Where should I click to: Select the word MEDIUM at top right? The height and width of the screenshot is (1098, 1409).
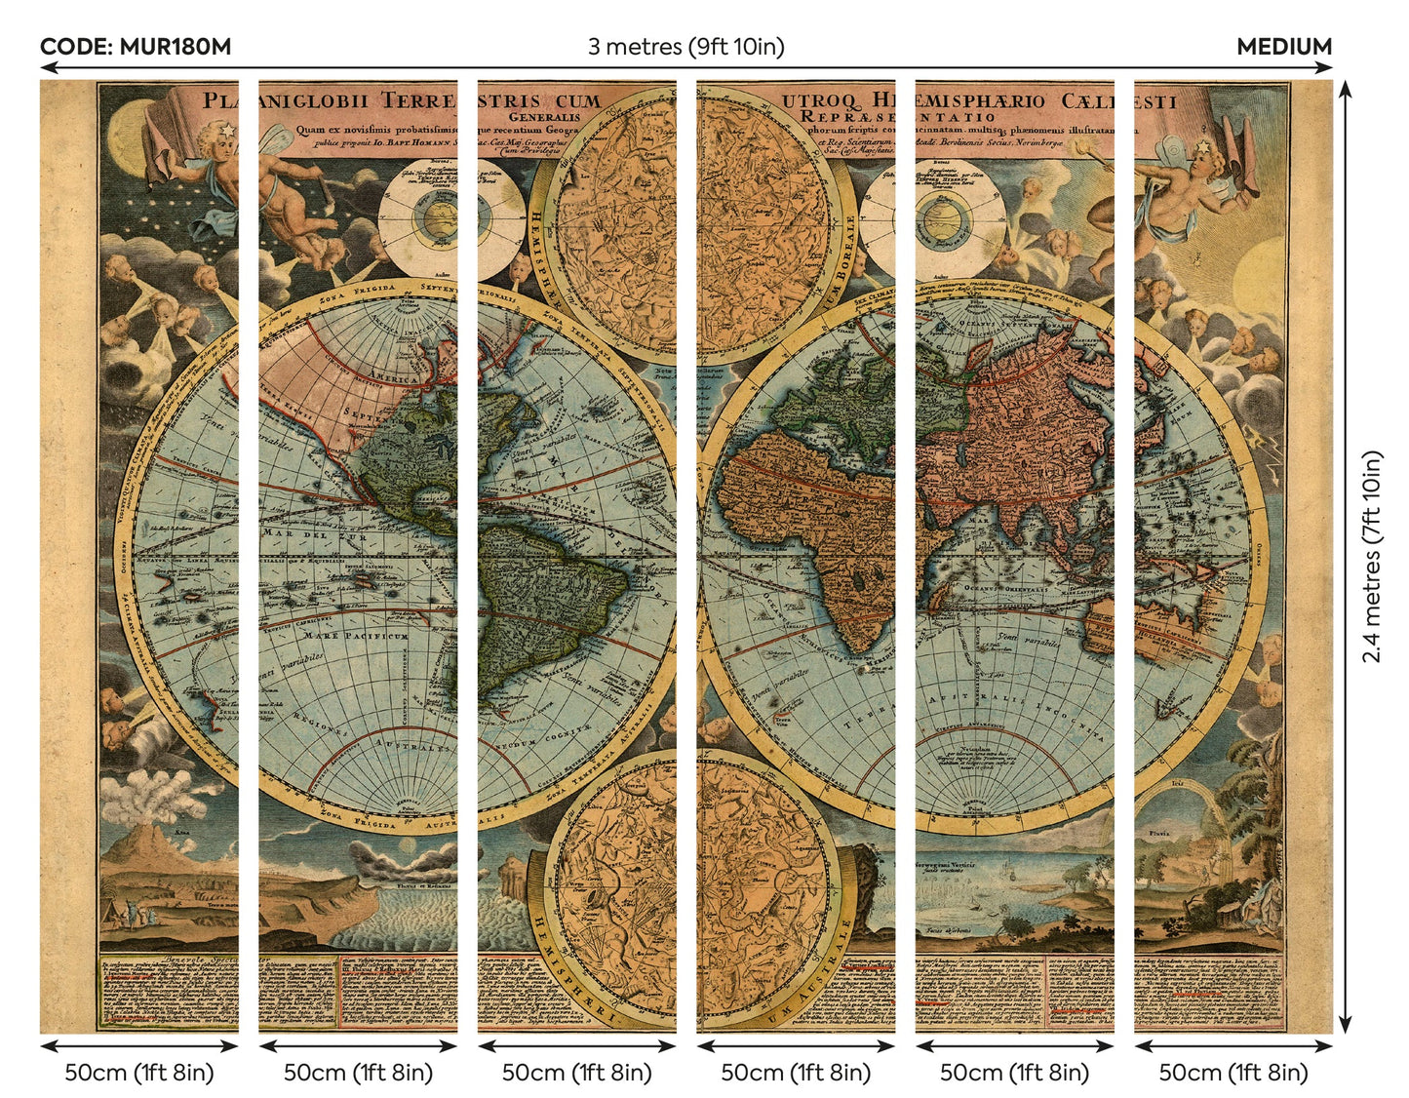[x=1283, y=47]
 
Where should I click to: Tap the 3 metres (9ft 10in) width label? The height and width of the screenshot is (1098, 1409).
[x=685, y=47]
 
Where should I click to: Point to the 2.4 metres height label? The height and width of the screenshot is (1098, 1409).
[x=1372, y=556]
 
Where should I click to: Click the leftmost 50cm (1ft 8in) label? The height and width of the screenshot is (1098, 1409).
[x=138, y=1072]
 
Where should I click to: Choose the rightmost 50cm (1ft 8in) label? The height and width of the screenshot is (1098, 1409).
[x=1233, y=1072]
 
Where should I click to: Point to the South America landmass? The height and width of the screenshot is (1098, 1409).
[x=546, y=605]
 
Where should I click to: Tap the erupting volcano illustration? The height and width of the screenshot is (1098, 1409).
[x=146, y=839]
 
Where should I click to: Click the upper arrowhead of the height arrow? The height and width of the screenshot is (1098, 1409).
[x=1345, y=89]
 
